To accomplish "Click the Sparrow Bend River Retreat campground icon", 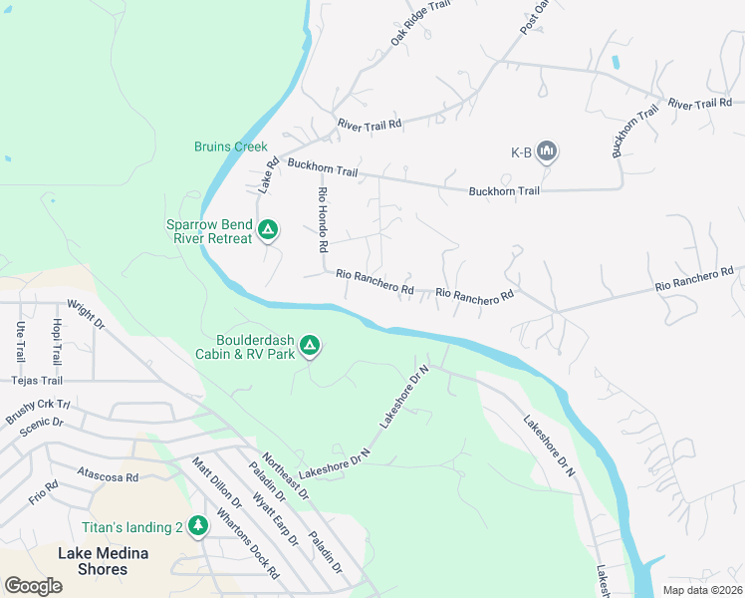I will pyautogui.click(x=267, y=231).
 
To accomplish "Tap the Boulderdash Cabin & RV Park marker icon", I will pyautogui.click(x=310, y=346).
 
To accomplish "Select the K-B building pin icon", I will pyautogui.click(x=546, y=151).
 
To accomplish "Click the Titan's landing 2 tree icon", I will pyautogui.click(x=198, y=525).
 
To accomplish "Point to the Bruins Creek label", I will pyautogui.click(x=231, y=147).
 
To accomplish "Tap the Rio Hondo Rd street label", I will pyautogui.click(x=322, y=218).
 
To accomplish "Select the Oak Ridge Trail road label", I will pyautogui.click(x=420, y=22).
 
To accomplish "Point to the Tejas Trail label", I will pyautogui.click(x=37, y=380).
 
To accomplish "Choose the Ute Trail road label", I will pyautogui.click(x=20, y=341).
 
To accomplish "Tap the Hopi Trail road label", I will pyautogui.click(x=57, y=341).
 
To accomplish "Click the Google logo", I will pyautogui.click(x=33, y=586).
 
